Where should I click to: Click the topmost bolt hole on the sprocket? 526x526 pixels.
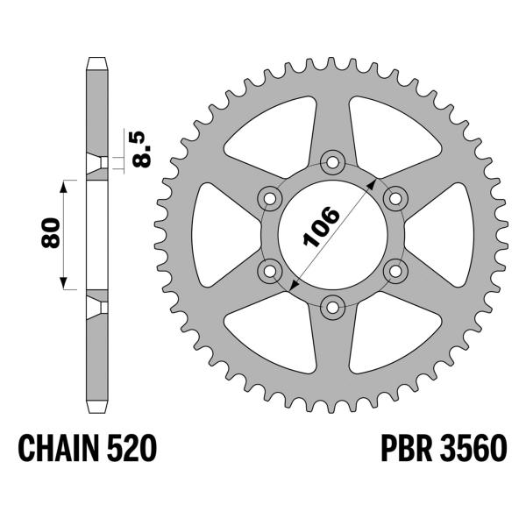(332, 160)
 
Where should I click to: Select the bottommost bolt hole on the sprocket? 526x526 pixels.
(332, 306)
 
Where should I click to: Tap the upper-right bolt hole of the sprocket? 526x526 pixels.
(395, 197)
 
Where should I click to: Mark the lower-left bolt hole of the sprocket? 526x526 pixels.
(269, 269)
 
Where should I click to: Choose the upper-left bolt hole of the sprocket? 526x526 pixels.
(269, 197)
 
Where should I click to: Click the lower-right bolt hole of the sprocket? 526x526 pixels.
(395, 269)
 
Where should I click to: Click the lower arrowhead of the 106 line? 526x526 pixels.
(294, 286)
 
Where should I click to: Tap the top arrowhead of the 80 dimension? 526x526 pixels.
(63, 185)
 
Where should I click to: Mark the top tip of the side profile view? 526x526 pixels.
(97, 60)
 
